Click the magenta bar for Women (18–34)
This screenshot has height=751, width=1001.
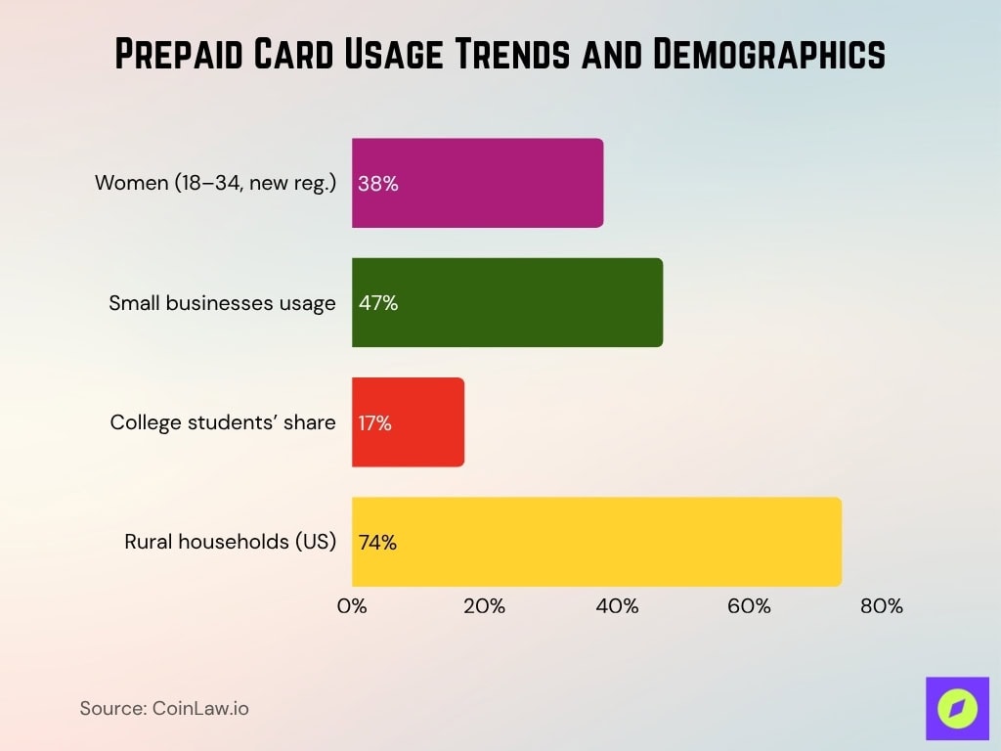(x=478, y=183)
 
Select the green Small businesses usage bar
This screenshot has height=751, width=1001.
(x=507, y=302)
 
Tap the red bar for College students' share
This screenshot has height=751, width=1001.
(x=409, y=422)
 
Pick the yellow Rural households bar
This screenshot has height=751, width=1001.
(x=596, y=542)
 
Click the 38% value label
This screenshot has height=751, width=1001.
(x=378, y=183)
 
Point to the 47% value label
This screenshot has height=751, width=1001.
(x=378, y=303)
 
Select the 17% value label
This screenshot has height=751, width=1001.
(x=375, y=422)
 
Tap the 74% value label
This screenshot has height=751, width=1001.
(x=378, y=543)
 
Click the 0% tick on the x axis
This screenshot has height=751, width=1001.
(x=352, y=606)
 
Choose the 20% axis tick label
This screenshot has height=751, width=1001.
(x=484, y=606)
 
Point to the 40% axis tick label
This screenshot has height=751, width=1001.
(x=617, y=606)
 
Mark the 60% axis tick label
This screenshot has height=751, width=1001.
(x=749, y=606)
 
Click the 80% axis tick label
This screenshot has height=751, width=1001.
(x=882, y=606)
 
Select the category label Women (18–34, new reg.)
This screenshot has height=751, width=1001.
(x=215, y=183)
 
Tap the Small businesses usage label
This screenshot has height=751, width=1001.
(x=222, y=303)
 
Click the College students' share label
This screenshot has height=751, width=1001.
(x=223, y=422)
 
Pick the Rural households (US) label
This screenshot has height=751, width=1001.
(x=230, y=542)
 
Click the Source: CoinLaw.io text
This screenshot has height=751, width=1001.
(x=164, y=708)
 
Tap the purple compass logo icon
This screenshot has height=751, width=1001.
(x=957, y=708)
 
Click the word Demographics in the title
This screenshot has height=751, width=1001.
(x=768, y=56)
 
